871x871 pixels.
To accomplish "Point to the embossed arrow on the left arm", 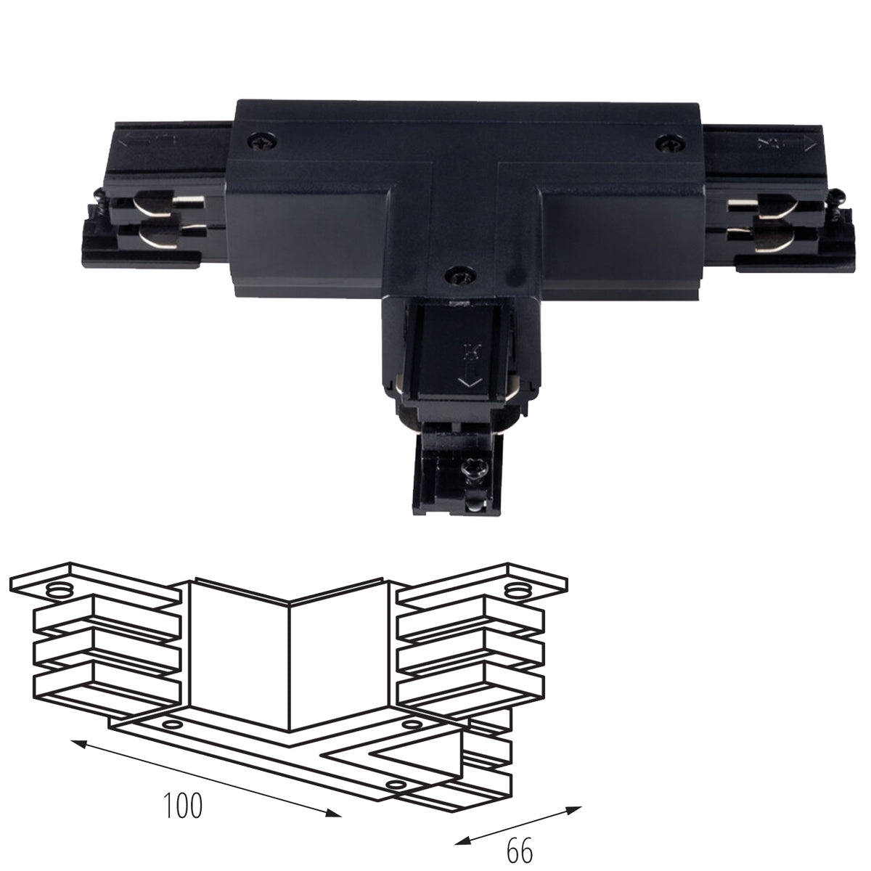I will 148,142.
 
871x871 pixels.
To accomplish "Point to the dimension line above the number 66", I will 518,823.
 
